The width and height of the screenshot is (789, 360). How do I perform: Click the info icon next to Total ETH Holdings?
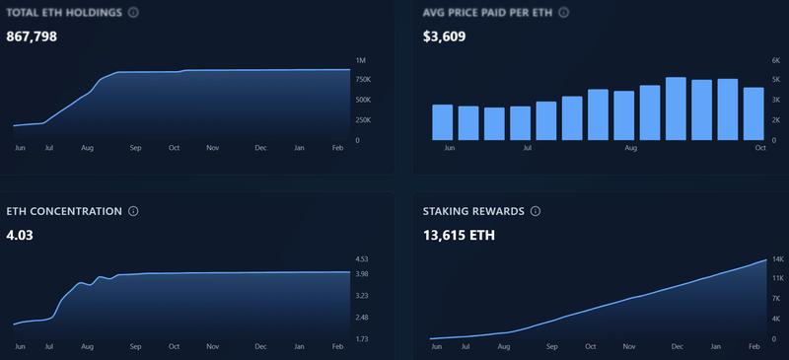click(133, 13)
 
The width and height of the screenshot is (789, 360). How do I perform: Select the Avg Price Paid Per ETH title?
click(487, 13)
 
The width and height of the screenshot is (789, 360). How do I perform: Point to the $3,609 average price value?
click(444, 36)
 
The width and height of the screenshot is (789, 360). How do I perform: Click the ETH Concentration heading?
click(63, 211)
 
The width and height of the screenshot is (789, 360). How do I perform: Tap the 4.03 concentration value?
click(20, 235)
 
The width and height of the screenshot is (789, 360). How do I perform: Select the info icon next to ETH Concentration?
click(133, 211)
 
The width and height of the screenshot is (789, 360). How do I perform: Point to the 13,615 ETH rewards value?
click(459, 235)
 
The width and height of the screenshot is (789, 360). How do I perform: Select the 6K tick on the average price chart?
click(774, 61)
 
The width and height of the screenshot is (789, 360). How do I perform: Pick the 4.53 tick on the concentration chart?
click(362, 259)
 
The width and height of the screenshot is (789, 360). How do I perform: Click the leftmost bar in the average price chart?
click(442, 122)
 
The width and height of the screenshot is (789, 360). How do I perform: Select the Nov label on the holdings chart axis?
click(212, 148)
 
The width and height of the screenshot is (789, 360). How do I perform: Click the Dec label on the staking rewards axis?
click(677, 347)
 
